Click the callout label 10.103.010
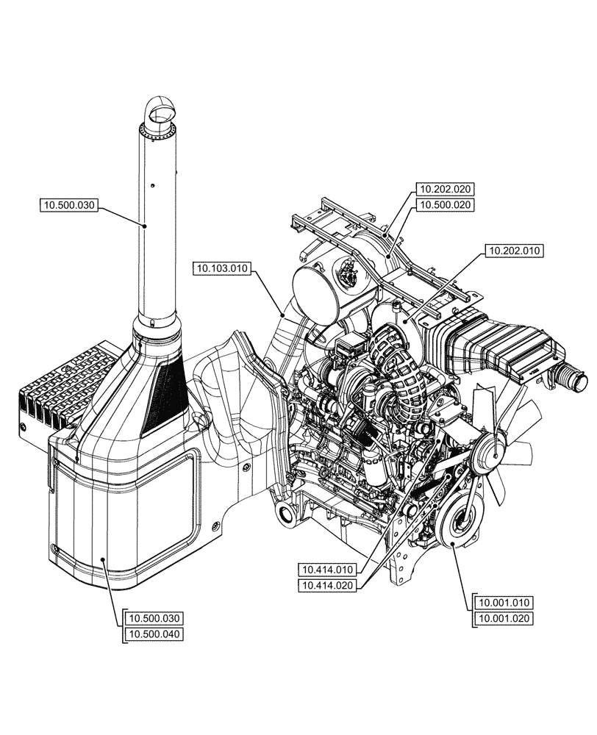[223, 269]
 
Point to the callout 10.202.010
[514, 251]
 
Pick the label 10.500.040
[154, 634]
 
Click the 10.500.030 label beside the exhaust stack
[70, 205]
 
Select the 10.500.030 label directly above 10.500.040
[154, 617]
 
